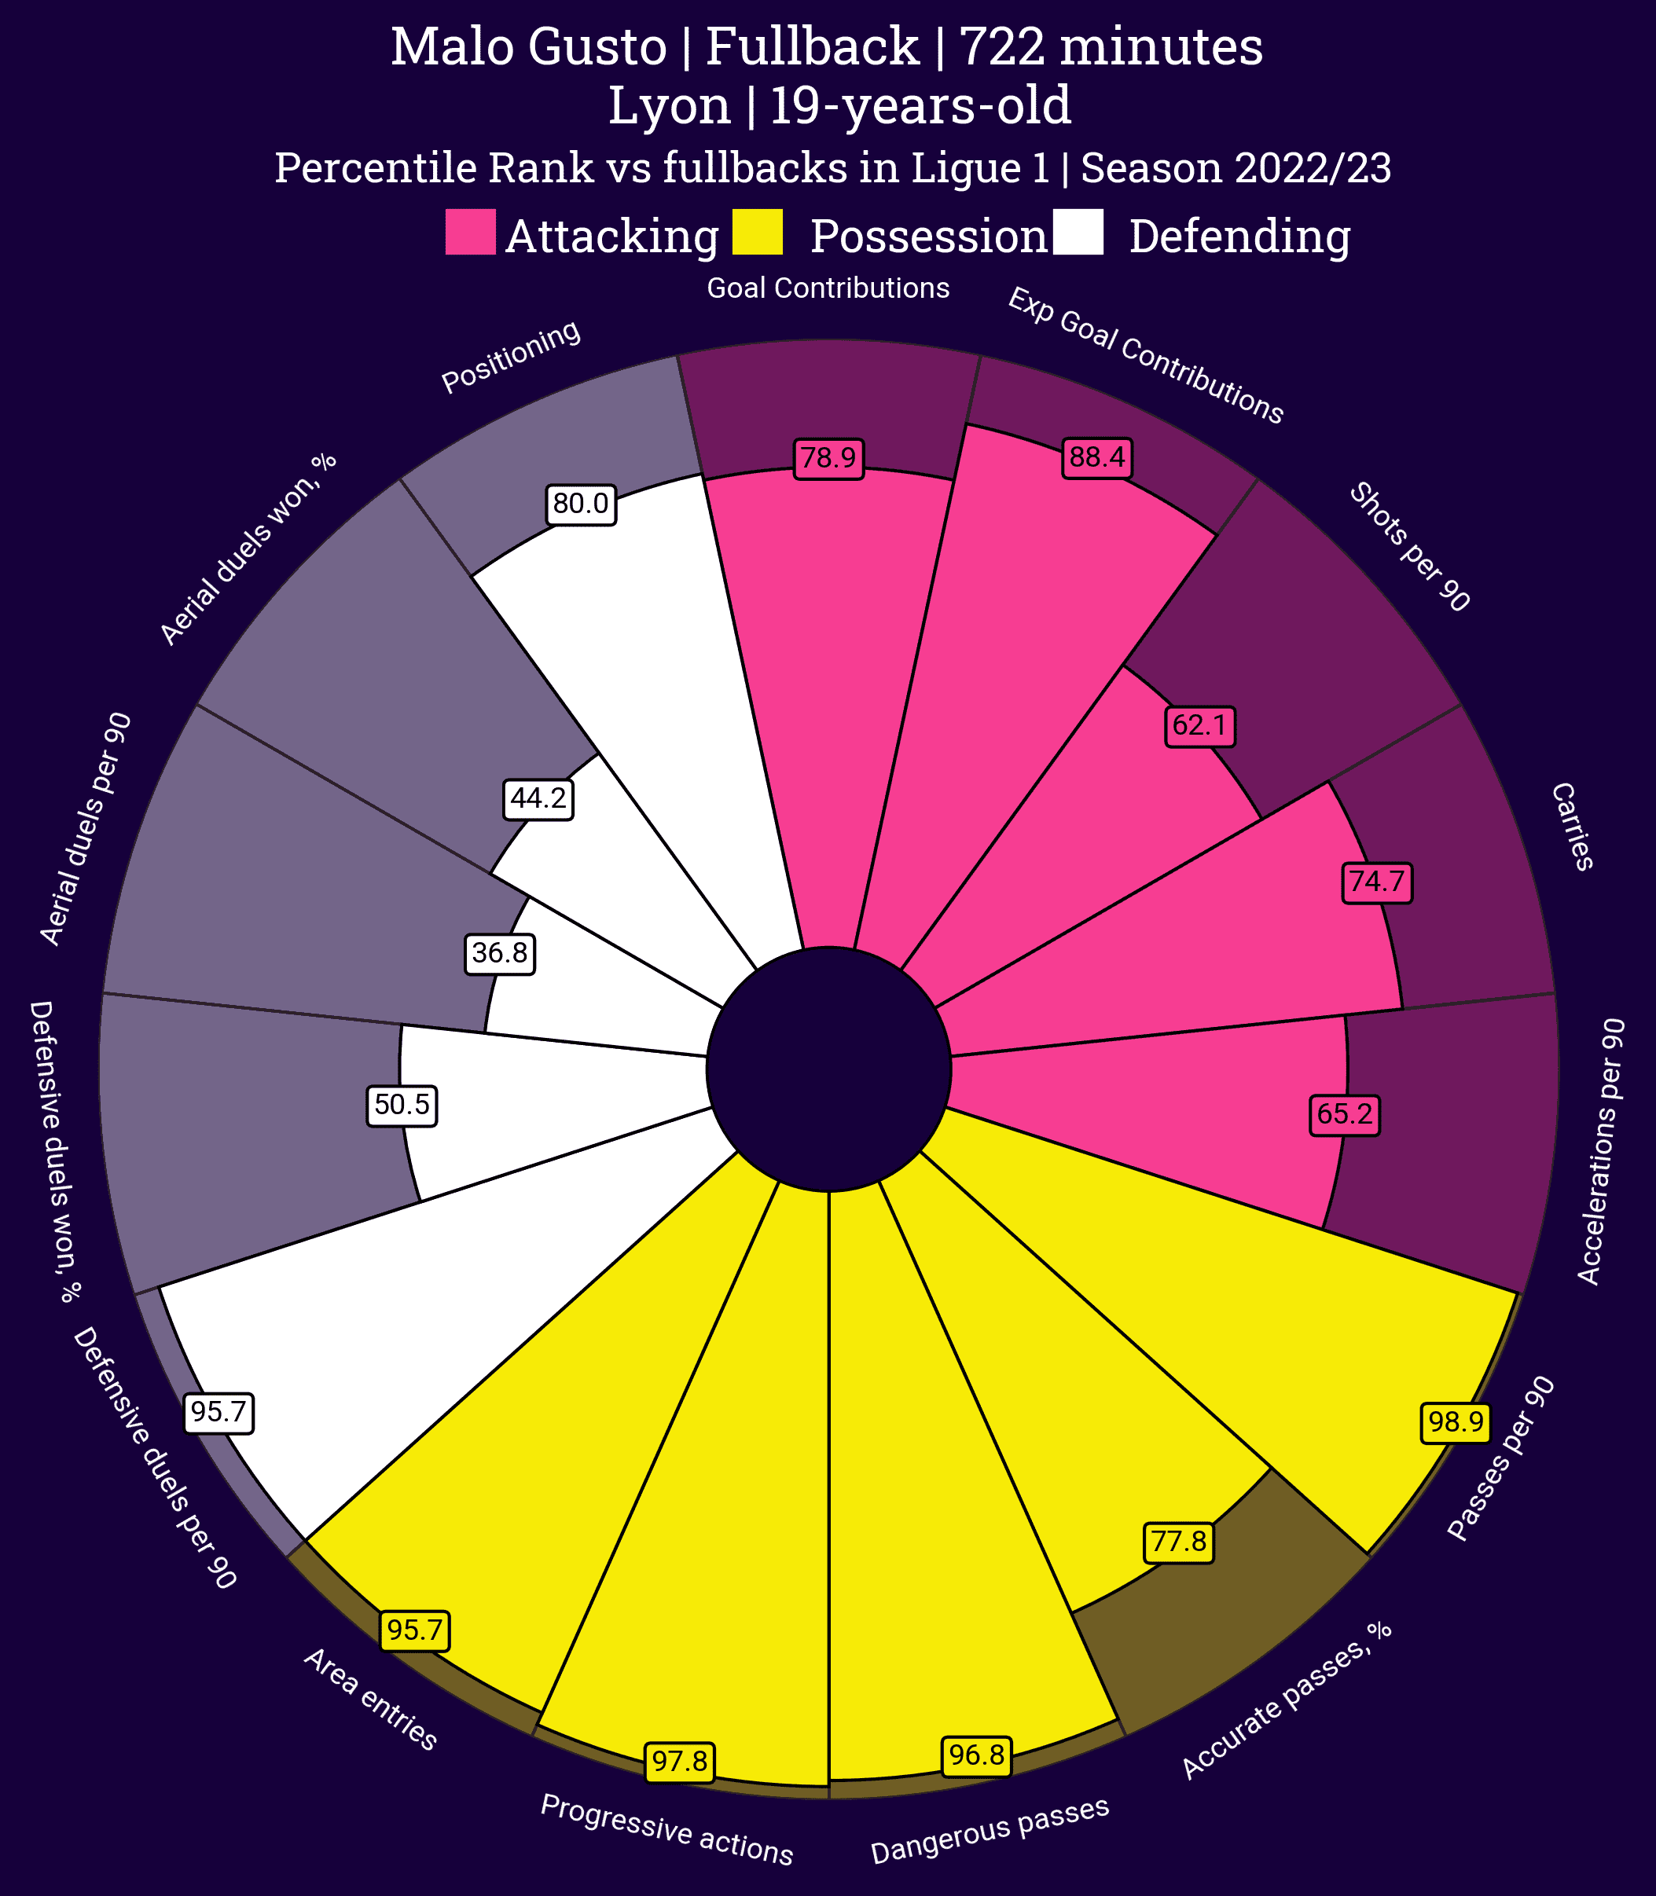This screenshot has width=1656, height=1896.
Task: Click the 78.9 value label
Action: pyautogui.click(x=829, y=459)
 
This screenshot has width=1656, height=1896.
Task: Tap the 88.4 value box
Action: pyautogui.click(x=1098, y=458)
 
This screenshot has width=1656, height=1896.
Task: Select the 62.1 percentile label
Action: pyautogui.click(x=1199, y=727)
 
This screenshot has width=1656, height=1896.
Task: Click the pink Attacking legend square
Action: pyautogui.click(x=470, y=232)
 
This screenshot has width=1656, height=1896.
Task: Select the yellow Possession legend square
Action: pyautogui.click(x=757, y=232)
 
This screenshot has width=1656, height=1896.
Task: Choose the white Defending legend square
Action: pyautogui.click(x=1078, y=232)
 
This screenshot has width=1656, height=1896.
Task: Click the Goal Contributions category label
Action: pyautogui.click(x=828, y=289)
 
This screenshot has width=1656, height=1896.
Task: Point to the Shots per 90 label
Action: pyautogui.click(x=1408, y=547)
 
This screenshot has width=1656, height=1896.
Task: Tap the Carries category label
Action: pyautogui.click(x=1572, y=826)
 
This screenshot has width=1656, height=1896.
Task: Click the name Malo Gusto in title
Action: pyautogui.click(x=529, y=48)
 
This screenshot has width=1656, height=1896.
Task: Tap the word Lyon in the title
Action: pyautogui.click(x=669, y=106)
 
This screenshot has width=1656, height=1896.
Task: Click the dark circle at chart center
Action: pyautogui.click(x=829, y=1070)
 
